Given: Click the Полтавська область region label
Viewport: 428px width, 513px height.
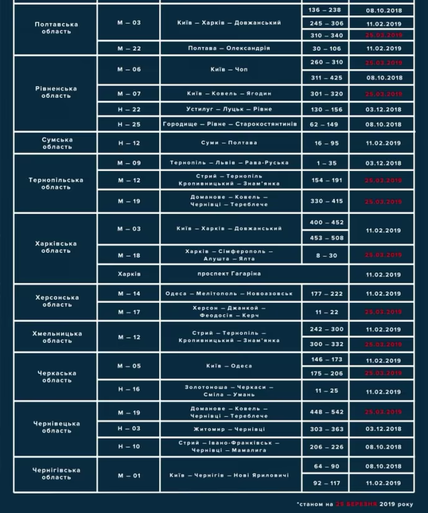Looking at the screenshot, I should (56, 28).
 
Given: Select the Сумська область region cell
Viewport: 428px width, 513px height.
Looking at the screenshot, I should (57, 143).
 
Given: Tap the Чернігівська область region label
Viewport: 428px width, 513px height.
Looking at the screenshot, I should (56, 474).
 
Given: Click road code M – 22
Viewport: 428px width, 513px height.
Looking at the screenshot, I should (129, 48).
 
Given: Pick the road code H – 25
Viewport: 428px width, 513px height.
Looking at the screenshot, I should (129, 125).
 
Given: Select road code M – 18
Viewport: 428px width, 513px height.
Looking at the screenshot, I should (129, 255).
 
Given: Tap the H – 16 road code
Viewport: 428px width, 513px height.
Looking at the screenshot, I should (129, 390).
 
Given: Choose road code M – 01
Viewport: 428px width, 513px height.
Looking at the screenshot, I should (129, 475).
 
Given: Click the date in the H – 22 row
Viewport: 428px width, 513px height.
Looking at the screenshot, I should (384, 109).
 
